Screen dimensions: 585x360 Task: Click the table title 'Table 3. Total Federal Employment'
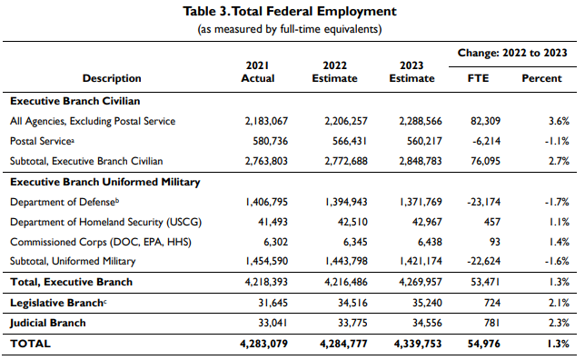tap(290, 11)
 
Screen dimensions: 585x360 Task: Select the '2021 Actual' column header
tap(258, 72)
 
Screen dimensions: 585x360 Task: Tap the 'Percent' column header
tap(541, 78)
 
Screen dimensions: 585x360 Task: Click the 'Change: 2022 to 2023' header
tap(512, 53)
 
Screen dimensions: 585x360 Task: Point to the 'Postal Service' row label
tap(42, 141)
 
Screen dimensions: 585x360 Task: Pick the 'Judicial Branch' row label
tap(48, 323)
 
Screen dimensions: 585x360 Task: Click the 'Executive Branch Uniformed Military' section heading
tap(105, 182)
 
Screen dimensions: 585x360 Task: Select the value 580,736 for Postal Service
tap(270, 141)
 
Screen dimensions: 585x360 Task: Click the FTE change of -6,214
tap(483, 141)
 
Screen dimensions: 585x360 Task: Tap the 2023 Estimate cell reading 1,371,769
tap(421, 202)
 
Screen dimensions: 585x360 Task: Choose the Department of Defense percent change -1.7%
tap(557, 202)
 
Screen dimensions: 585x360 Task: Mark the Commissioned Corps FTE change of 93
tap(495, 242)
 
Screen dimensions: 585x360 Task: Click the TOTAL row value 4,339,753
tap(418, 344)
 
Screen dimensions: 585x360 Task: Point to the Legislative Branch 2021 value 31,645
tap(273, 303)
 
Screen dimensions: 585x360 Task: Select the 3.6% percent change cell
tap(559, 121)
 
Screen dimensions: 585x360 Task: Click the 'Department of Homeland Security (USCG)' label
tap(105, 222)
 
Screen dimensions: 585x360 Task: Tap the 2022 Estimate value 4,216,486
tap(346, 282)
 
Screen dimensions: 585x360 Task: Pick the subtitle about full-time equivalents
tap(290, 29)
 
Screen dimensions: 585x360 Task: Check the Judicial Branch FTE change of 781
tap(492, 323)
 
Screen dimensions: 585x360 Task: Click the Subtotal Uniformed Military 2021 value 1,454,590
tap(266, 261)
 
